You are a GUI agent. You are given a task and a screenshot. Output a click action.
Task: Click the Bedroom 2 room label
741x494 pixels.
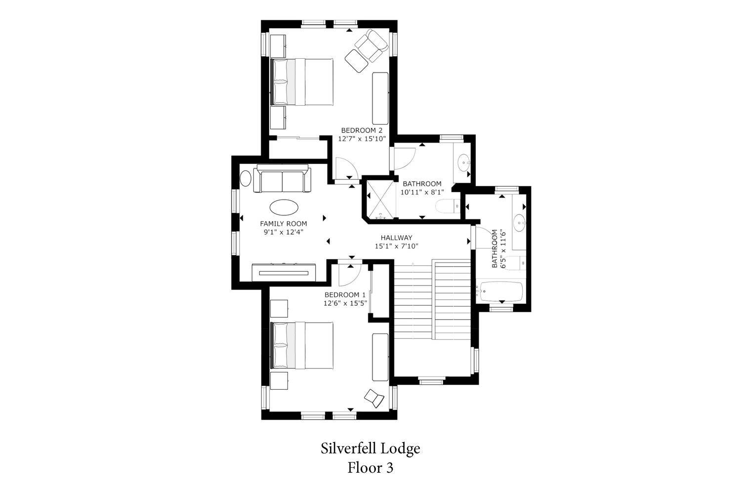coord(362,130)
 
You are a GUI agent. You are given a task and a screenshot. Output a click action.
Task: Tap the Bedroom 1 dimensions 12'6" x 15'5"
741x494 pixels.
coord(345,303)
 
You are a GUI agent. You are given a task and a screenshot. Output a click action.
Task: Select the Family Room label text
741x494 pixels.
coord(284,224)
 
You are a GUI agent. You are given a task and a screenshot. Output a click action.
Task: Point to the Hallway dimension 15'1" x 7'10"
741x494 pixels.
coord(396,246)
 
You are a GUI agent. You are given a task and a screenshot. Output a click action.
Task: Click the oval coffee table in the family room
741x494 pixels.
coord(284,207)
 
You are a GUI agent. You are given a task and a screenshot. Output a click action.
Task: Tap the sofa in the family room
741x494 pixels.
coord(282,178)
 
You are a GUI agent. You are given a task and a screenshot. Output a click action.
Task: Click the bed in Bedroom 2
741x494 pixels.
coord(301,82)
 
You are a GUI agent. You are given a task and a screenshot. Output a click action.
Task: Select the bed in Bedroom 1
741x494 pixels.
coord(301,345)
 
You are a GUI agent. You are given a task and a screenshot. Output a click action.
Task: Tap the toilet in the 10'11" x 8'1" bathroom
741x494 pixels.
coord(448,206)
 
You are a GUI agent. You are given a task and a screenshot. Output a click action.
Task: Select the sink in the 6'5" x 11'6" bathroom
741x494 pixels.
coord(519,222)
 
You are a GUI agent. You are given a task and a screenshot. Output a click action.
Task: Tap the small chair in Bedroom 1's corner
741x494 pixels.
coord(374,398)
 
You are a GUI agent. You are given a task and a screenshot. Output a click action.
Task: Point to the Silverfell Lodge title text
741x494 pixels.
coord(370,449)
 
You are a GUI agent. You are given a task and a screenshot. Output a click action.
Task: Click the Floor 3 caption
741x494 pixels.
coord(370,468)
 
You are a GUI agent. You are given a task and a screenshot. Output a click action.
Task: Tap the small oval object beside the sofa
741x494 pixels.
coord(246,178)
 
